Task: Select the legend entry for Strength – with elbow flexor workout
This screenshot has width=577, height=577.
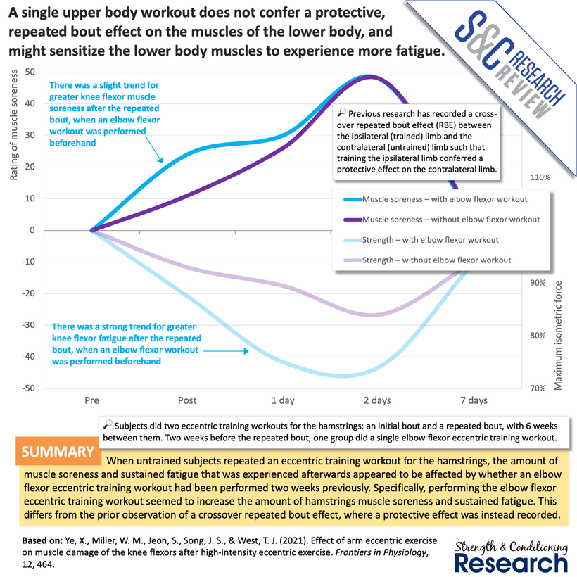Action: click(430, 240)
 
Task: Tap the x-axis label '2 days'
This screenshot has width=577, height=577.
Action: click(377, 400)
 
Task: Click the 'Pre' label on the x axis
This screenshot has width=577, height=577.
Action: click(91, 400)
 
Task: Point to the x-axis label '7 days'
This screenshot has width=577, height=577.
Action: click(474, 400)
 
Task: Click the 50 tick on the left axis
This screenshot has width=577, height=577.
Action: click(30, 72)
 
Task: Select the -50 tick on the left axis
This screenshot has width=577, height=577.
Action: click(27, 388)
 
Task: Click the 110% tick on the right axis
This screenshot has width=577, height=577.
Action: click(539, 177)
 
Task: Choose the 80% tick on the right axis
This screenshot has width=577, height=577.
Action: click(538, 336)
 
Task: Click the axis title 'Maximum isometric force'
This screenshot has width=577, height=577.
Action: click(559, 335)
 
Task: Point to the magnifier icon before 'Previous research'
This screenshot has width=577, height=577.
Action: click(341, 112)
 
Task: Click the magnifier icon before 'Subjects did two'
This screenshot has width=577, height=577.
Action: click(107, 425)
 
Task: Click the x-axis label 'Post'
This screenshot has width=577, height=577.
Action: click(187, 400)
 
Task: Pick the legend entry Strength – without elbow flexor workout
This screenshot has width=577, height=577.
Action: click(436, 260)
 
